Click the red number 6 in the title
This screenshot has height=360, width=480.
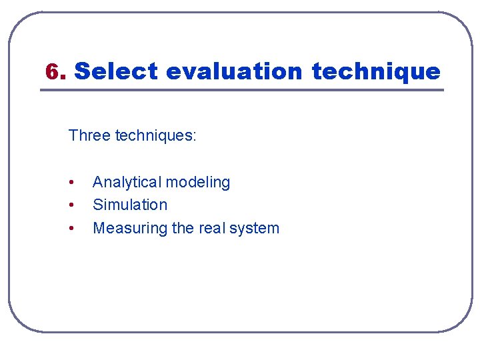tap(52, 71)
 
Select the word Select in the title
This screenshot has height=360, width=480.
tap(116, 71)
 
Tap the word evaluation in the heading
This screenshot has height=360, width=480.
tap(235, 71)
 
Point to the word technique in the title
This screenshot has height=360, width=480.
tap(376, 71)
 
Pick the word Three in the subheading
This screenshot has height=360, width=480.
tap(90, 136)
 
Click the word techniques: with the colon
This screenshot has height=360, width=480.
tap(156, 136)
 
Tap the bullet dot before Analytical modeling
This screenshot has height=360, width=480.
tap(71, 183)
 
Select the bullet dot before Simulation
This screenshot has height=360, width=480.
tap(71, 205)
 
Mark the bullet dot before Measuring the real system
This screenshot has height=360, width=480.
tap(71, 229)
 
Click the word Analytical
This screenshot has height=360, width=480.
tap(127, 182)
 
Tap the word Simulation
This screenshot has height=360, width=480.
tap(130, 205)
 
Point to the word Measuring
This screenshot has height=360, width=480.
tap(130, 228)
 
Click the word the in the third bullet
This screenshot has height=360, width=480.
tap(183, 228)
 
